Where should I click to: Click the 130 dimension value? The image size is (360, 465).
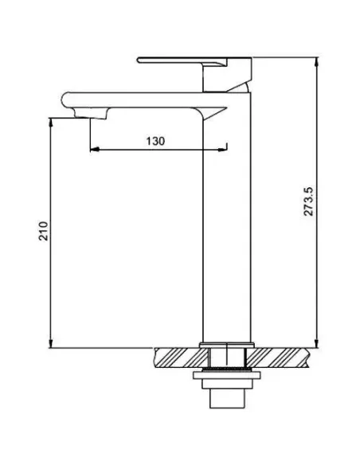click(x=155, y=141)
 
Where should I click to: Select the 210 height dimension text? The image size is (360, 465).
click(x=44, y=231)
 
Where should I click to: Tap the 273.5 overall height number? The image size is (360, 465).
click(x=308, y=201)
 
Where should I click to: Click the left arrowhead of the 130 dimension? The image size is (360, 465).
click(x=94, y=150)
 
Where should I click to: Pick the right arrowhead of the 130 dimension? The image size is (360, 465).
click(x=222, y=150)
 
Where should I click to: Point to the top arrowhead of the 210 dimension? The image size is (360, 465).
click(x=51, y=123)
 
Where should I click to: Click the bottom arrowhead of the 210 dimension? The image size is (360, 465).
click(x=51, y=343)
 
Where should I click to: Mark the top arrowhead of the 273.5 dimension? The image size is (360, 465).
click(x=317, y=62)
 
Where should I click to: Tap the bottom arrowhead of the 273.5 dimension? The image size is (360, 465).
click(x=317, y=343)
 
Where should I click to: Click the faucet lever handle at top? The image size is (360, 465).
click(x=181, y=61)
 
